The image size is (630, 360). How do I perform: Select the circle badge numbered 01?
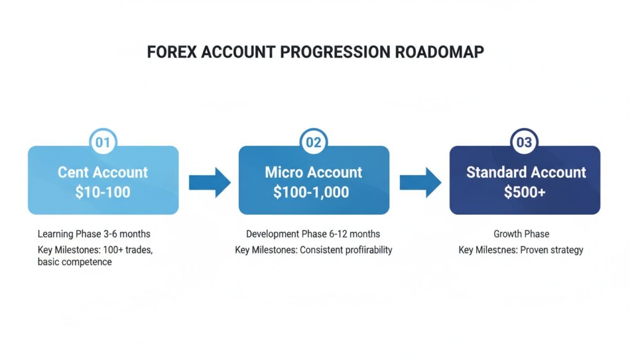pyautogui.click(x=103, y=143)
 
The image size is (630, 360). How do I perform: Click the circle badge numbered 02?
pyautogui.click(x=314, y=143)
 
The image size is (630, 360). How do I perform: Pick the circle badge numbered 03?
pyautogui.click(x=524, y=143)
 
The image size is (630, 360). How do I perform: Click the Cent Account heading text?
pyautogui.click(x=103, y=172)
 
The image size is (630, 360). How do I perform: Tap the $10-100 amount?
pyautogui.click(x=103, y=192)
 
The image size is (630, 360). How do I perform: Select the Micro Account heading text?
pyautogui.click(x=314, y=172)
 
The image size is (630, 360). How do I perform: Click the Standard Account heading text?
pyautogui.click(x=525, y=172)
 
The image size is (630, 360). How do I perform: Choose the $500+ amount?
pyautogui.click(x=525, y=192)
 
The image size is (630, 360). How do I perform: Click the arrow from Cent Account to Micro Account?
pyautogui.click(x=209, y=182)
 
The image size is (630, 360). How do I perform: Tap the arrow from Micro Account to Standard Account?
pyautogui.click(x=420, y=182)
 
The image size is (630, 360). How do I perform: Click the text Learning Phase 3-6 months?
pyautogui.click(x=94, y=234)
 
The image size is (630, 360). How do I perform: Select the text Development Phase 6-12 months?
pyautogui.click(x=313, y=234)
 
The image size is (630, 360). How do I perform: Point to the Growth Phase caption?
pyautogui.click(x=520, y=234)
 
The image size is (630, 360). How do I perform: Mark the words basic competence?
pyautogui.click(x=74, y=262)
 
